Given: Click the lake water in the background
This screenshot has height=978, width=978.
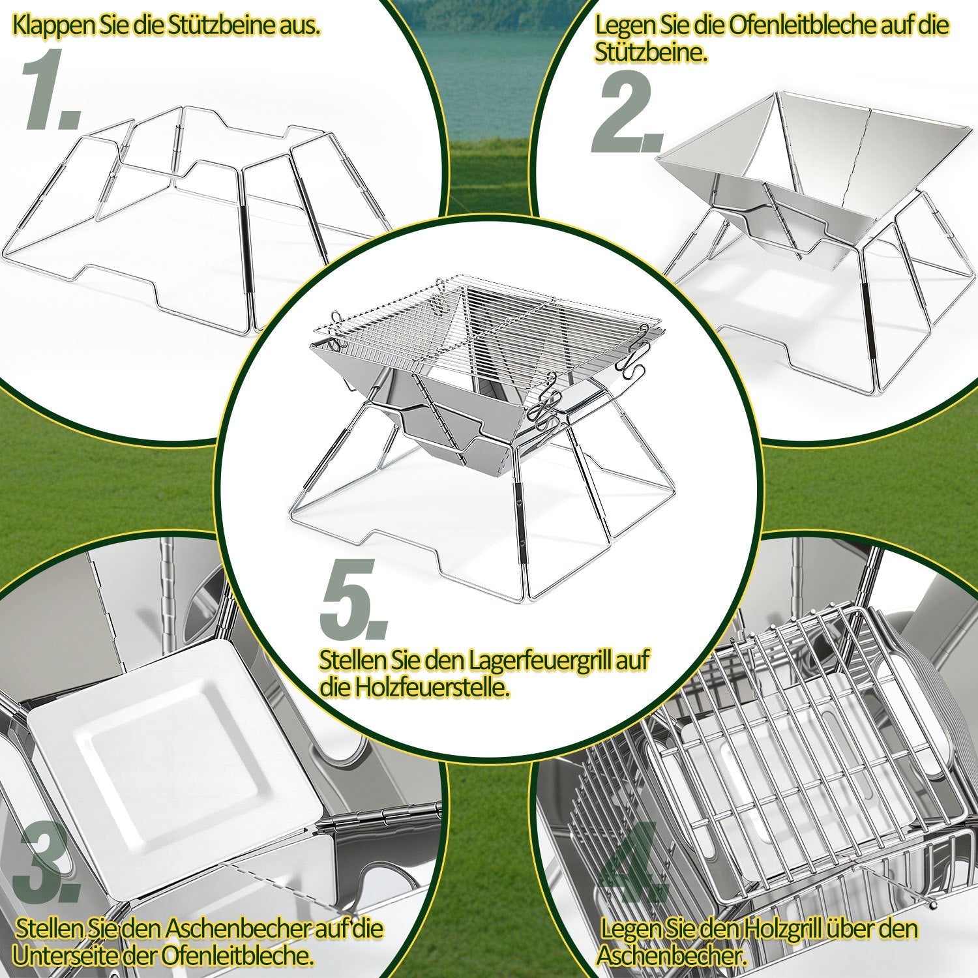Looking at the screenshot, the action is pos(489,65).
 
